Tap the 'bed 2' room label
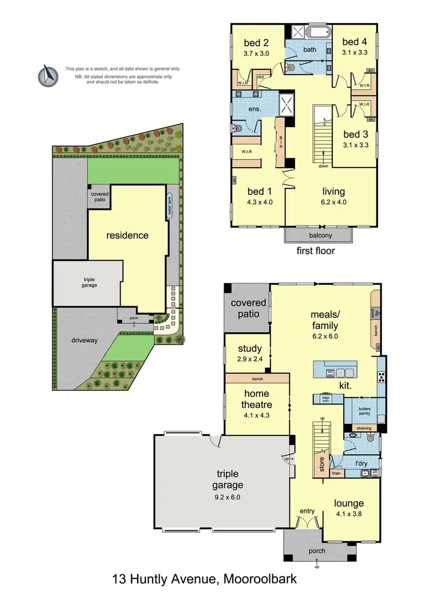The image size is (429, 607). coord(256,43)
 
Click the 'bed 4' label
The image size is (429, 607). coord(355,41)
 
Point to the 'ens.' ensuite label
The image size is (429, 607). coord(255,108)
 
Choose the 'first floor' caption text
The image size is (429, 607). coord(316,251)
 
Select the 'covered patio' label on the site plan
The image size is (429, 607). coord(98,198)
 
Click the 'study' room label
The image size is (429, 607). coord(249,348)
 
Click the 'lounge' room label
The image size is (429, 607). coord(349,503)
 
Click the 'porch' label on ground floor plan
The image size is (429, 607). coord(316,551)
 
